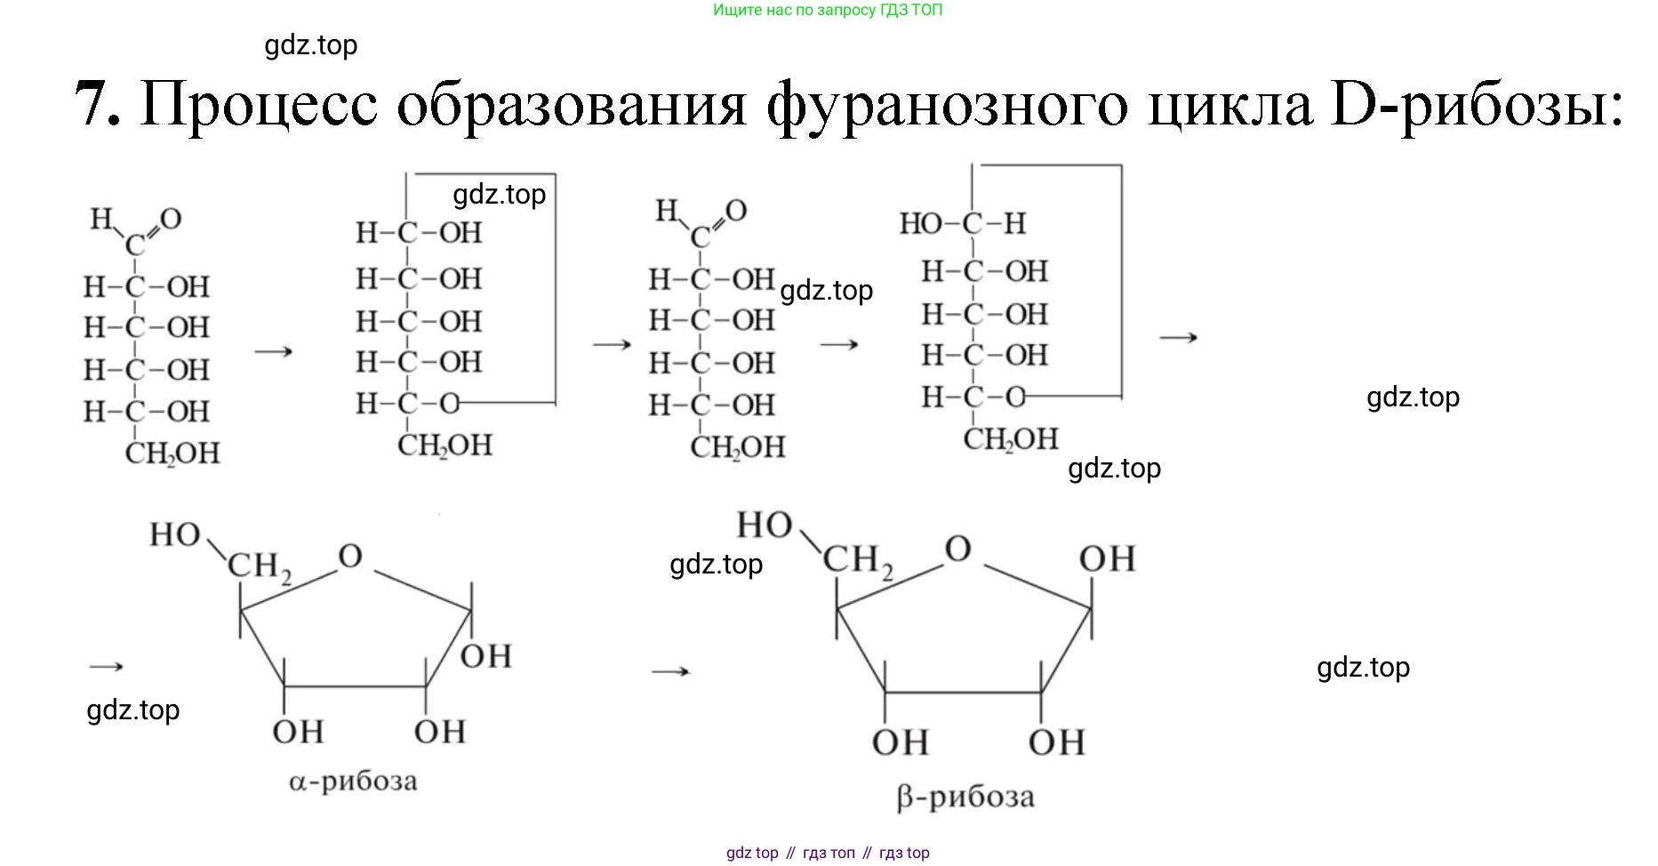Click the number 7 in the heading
pyautogui.click(x=96, y=105)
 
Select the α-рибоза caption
pyautogui.click(x=353, y=782)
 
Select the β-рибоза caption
pyautogui.click(x=965, y=797)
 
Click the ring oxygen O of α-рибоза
pyautogui.click(x=350, y=557)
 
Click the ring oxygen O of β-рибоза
pyautogui.click(x=957, y=549)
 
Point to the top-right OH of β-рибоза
pyautogui.click(x=1107, y=559)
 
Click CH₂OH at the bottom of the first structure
pyautogui.click(x=172, y=453)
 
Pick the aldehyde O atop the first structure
pyautogui.click(x=171, y=218)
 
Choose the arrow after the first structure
pyautogui.click(x=274, y=351)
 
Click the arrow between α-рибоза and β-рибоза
pyautogui.click(x=670, y=670)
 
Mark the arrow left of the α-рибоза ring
pyautogui.click(x=107, y=666)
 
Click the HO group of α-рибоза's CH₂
pyautogui.click(x=174, y=535)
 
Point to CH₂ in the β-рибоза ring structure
pyautogui.click(x=857, y=561)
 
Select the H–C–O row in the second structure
pyautogui.click(x=409, y=404)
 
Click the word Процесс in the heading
pyautogui.click(x=259, y=105)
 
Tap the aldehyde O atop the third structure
pyautogui.click(x=736, y=210)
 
